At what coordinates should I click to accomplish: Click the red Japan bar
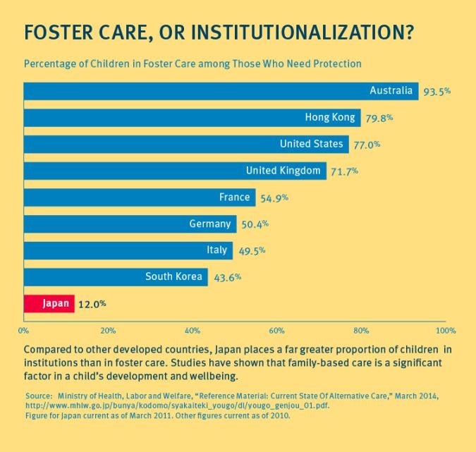49,304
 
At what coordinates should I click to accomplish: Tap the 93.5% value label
437,92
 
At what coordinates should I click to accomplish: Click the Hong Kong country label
330,118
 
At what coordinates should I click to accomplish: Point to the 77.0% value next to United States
367,145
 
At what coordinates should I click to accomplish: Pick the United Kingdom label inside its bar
283,171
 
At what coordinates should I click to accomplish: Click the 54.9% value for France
274,198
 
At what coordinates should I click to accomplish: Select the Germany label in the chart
210,224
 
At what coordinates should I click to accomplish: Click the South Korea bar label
173,277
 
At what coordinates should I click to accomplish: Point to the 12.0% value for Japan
92,304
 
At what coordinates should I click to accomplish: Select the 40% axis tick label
193,330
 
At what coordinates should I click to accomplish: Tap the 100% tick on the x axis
445,330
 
